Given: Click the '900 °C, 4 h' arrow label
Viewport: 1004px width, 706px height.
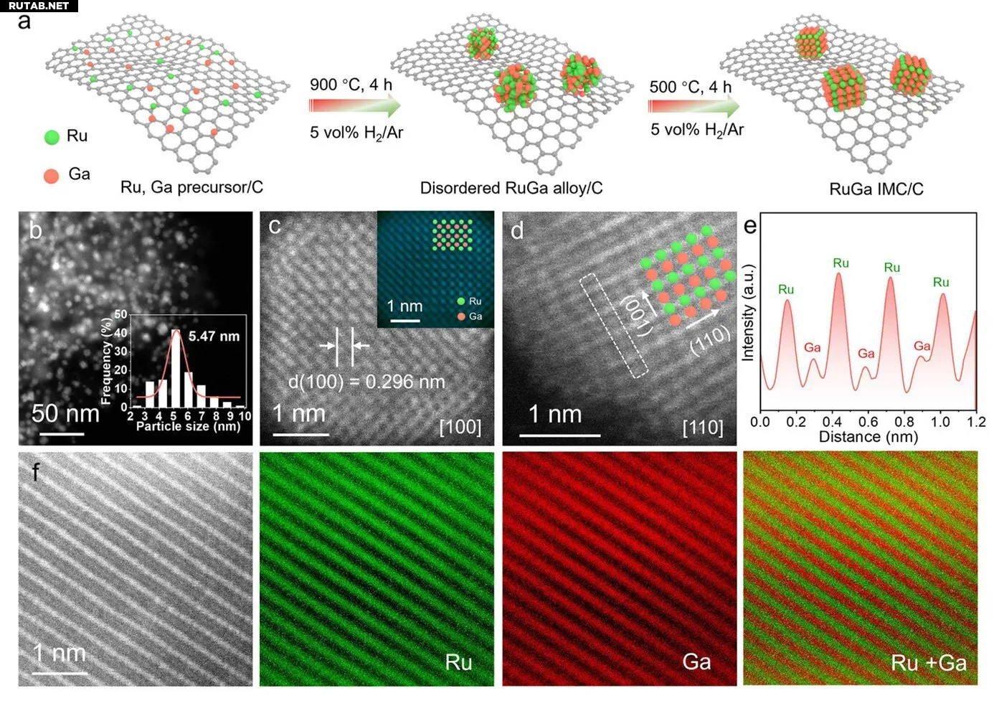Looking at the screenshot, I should (351, 85).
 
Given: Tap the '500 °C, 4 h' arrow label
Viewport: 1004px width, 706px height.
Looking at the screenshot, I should (690, 87).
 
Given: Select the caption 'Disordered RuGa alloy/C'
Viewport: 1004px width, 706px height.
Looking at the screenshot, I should (511, 188).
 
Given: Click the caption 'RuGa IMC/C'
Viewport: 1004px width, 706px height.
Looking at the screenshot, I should (876, 189).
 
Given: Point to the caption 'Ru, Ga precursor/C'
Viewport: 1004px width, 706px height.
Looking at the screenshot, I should (191, 187).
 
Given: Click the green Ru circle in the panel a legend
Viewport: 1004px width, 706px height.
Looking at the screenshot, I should (52, 136).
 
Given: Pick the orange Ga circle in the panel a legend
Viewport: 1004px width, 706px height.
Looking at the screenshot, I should (52, 175).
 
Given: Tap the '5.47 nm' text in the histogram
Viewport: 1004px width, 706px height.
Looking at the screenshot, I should (214, 336).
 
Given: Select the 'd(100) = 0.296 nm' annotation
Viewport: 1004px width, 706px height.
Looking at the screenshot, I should (366, 382).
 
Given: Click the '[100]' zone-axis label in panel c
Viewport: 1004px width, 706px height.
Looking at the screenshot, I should (460, 428).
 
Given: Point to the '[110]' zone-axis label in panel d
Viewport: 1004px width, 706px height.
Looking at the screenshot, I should (702, 428).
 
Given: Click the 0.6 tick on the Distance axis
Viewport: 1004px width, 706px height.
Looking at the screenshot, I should (868, 422).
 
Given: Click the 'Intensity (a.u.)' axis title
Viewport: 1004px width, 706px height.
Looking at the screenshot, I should (748, 313).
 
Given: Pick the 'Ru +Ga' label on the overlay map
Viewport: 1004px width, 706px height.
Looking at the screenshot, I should (928, 662).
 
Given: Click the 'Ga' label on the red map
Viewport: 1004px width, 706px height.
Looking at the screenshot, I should (696, 661).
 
